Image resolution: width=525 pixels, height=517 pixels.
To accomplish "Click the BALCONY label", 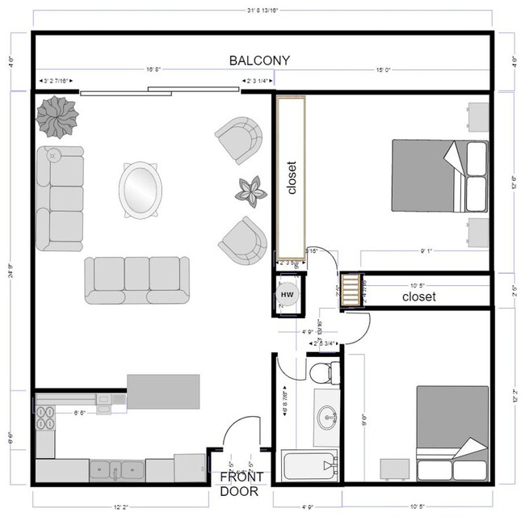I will [259, 61].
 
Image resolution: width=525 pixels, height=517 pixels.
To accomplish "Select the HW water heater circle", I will [287, 296].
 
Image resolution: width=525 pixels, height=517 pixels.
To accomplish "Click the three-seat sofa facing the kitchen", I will [137, 280].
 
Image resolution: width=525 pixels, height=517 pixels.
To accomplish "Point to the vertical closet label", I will [292, 178].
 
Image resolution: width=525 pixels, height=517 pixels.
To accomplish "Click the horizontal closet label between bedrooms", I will [418, 297].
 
